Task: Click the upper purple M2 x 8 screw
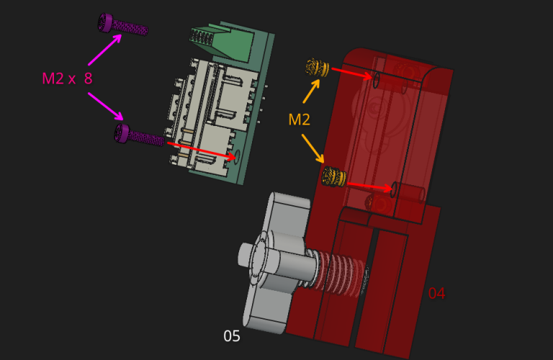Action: coord(122,24)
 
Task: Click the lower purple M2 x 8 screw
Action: coord(139,135)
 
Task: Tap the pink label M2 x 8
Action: coord(67,78)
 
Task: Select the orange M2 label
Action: coord(299,120)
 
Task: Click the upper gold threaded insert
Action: coord(317,68)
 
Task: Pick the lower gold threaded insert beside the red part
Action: coord(333,176)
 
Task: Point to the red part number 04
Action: coord(436,293)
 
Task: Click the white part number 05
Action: coord(232,336)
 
